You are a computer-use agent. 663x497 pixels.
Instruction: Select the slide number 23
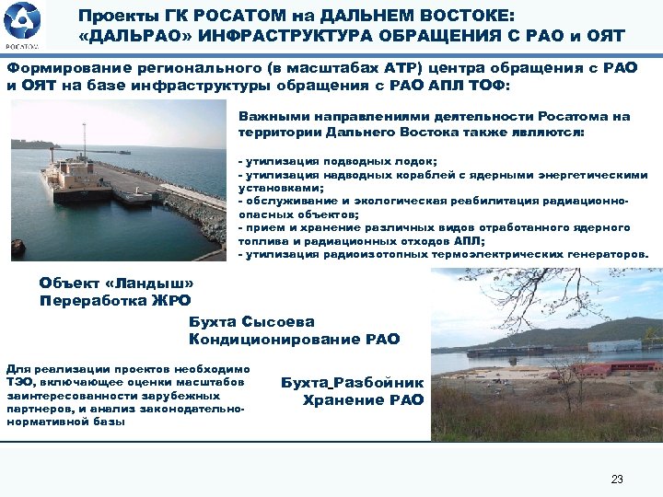coord(617,479)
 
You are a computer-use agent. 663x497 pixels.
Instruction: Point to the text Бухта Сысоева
coord(251,322)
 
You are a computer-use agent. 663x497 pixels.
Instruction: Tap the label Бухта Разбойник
coord(353,382)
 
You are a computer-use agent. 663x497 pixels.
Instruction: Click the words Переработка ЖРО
coord(115,300)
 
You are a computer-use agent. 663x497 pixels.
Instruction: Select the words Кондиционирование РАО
coord(294,340)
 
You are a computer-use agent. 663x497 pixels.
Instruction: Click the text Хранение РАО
coord(363,399)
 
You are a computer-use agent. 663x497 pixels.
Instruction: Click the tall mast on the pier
coord(84,138)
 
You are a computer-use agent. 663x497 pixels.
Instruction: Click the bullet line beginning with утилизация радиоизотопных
coord(442,254)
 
